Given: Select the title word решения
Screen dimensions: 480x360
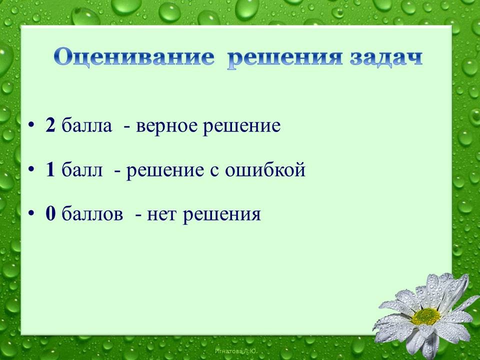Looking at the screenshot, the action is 284,59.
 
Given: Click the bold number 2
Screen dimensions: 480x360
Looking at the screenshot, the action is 50,125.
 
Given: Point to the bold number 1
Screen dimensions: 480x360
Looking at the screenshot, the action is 50,169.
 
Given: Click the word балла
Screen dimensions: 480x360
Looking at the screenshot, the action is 86,125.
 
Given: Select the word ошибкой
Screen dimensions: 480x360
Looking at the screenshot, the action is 265,169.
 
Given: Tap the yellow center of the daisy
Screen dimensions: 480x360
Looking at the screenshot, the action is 426,316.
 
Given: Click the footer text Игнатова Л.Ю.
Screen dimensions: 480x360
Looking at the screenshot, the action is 235,351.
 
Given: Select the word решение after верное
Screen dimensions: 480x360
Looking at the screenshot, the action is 241,126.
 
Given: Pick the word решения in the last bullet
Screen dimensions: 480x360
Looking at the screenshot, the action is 221,215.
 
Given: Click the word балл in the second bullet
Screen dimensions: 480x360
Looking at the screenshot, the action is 82,169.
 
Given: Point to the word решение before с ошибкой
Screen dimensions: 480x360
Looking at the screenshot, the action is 165,171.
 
